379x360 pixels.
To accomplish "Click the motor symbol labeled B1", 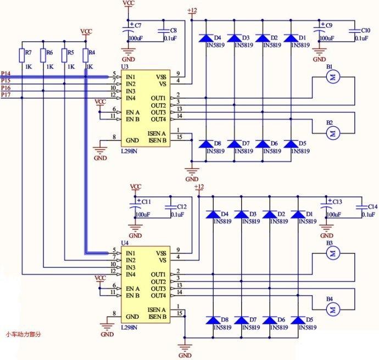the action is tap(333, 77).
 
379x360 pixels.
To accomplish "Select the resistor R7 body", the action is tap(22, 55).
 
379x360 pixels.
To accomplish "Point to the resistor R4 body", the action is tap(86, 55).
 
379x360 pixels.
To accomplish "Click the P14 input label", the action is tap(5, 74).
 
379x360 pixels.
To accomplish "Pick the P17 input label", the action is tap(5, 94).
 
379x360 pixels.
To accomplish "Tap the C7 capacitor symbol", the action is tap(128, 32).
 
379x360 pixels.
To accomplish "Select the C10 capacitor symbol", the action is tap(355, 31).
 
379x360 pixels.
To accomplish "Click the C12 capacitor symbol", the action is tap(171, 207).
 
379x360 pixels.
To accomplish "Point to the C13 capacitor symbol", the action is tap(326, 207).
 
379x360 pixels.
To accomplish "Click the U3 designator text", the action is tap(125, 66).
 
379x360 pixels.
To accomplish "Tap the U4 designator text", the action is tap(125, 243).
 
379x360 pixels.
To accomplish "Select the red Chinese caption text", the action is tap(23, 334).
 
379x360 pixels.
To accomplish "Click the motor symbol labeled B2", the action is tap(333, 133).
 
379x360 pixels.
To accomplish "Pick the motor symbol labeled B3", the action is tap(333, 254).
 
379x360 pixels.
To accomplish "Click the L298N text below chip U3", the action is tap(129, 151).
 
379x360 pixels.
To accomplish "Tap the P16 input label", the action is tap(5, 88).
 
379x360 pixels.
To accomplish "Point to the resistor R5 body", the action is tap(64, 55).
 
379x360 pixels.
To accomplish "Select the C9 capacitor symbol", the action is tap(319, 31).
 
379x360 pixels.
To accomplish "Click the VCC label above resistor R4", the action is tap(86, 31).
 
